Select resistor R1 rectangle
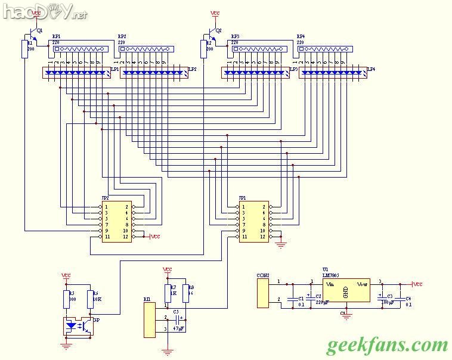[25, 49]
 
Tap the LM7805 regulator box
[345, 290]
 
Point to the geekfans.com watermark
[387, 345]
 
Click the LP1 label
[115, 69]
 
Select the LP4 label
[371, 69]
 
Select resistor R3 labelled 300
[66, 300]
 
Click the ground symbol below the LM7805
[345, 312]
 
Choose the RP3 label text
[234, 36]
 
